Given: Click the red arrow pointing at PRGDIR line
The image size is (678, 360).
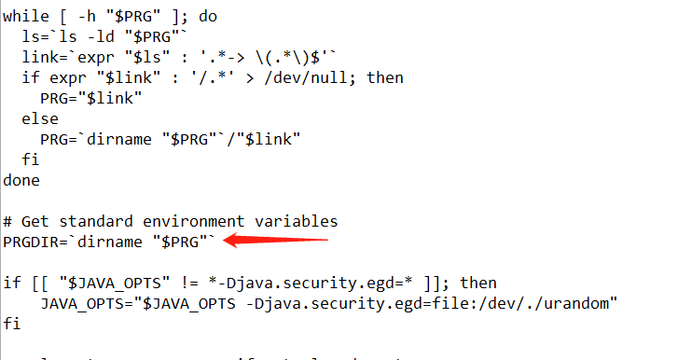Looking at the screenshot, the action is tap(280, 241).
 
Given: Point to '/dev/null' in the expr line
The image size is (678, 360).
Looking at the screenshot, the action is tap(301, 77).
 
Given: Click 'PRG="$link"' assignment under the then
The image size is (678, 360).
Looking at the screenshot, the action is tap(90, 98).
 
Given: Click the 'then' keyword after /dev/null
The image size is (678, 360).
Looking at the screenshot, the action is tap(384, 77).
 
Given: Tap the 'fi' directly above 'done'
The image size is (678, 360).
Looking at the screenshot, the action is tap(31, 159).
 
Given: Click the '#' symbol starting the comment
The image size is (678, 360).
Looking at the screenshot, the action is tap(7, 221).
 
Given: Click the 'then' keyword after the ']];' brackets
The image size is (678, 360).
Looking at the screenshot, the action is tap(478, 283).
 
